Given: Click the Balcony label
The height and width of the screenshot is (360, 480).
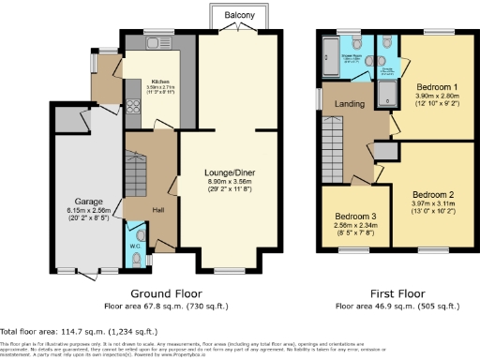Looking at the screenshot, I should click(238, 16).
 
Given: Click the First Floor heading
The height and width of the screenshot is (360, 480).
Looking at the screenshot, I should click(386, 292).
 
